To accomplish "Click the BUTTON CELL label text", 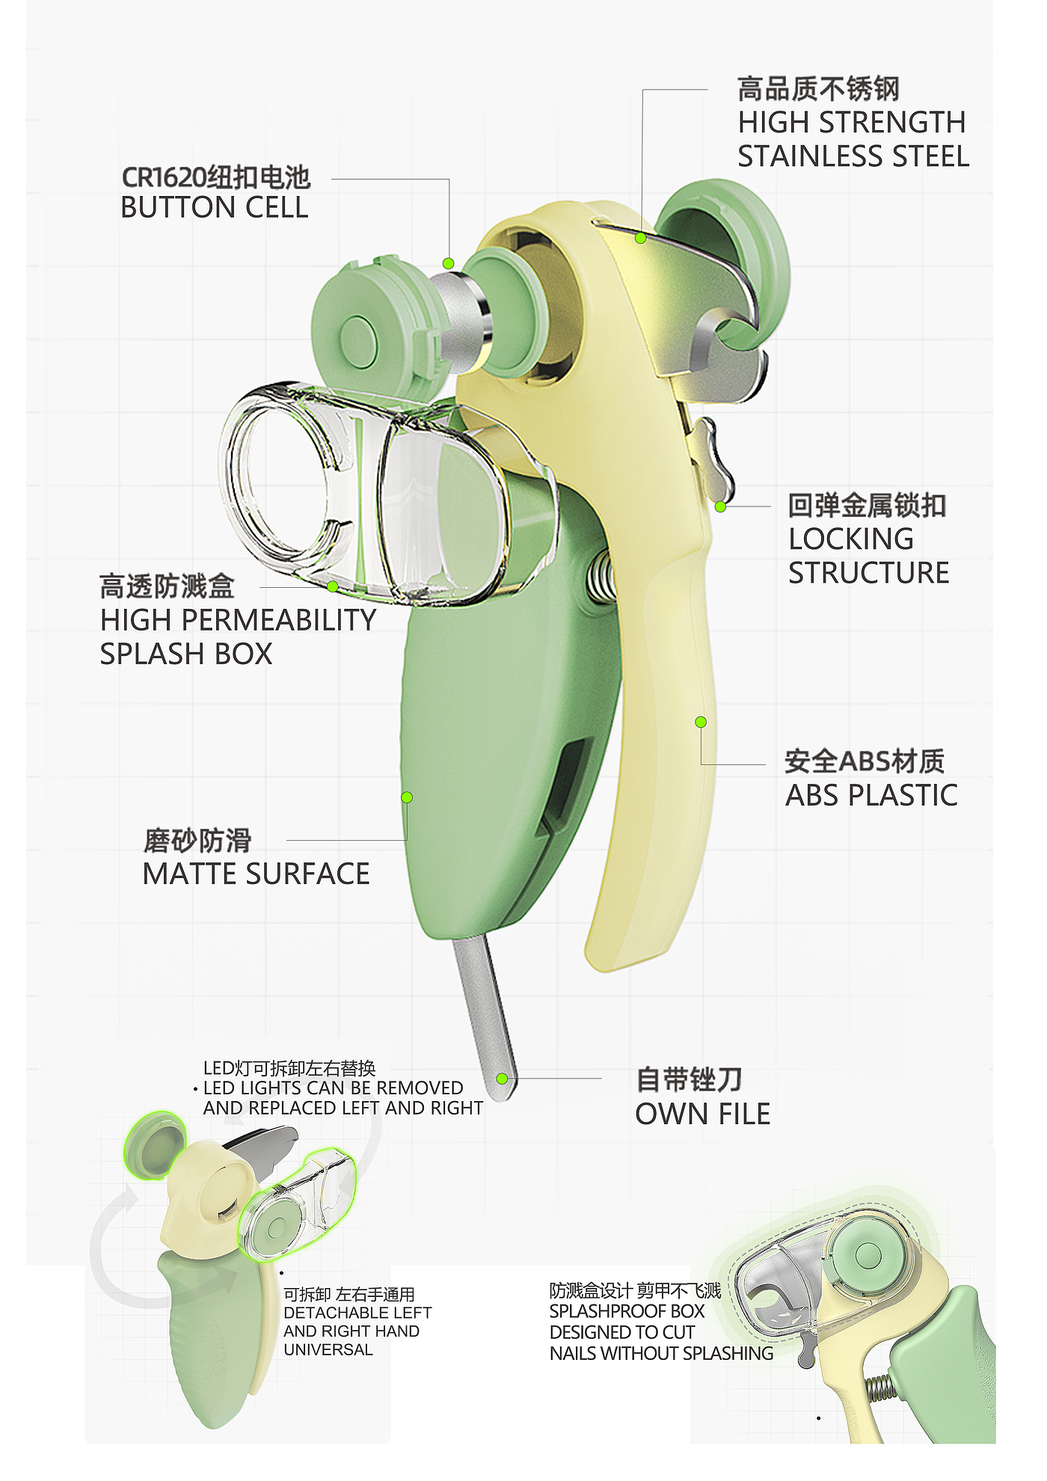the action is [214, 207].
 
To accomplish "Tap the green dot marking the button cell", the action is [448, 263].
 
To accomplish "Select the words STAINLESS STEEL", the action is [853, 156].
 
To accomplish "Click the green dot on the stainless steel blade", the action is [640, 238].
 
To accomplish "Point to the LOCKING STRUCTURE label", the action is [868, 556].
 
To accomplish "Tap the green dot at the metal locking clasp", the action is [720, 506].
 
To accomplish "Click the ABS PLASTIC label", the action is [871, 795].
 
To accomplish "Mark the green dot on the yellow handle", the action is [701, 722].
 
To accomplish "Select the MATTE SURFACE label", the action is [256, 874].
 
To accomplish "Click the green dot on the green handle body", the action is [407, 797].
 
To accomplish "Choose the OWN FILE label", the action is [702, 1114].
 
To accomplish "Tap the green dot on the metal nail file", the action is [502, 1078].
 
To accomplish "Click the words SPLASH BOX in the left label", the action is [186, 654].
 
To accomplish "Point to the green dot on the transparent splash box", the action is [332, 586].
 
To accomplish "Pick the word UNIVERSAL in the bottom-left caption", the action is [328, 1349].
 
